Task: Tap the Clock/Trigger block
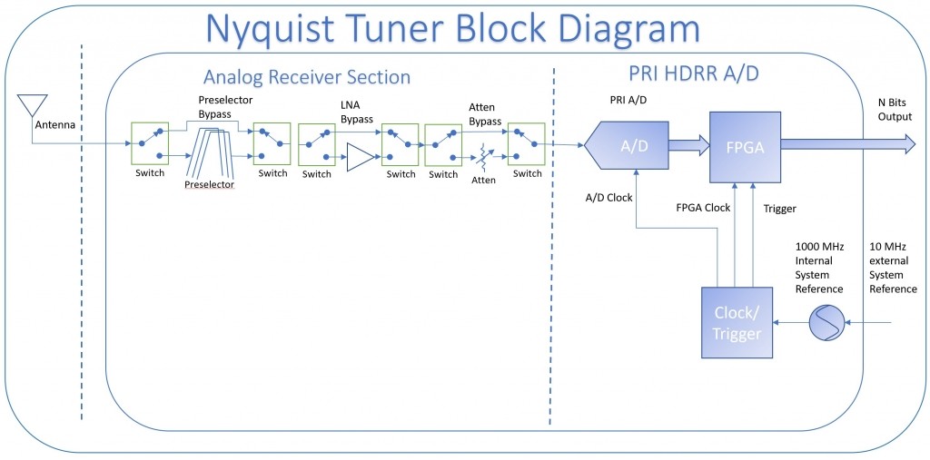[x=737, y=323]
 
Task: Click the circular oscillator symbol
[x=826, y=323]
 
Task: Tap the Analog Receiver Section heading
[x=307, y=77]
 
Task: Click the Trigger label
[x=780, y=209]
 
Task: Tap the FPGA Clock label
[x=703, y=208]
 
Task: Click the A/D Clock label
[x=608, y=197]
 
